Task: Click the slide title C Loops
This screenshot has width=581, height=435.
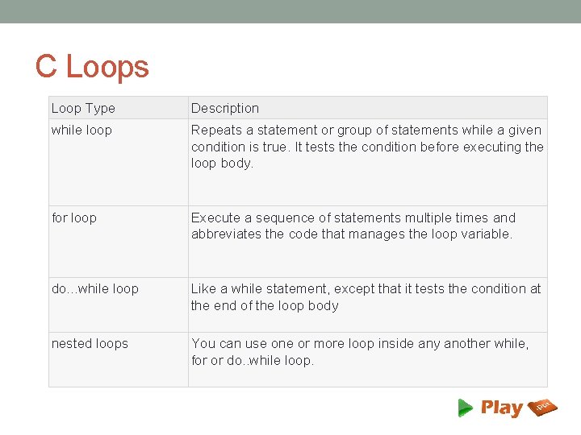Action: coord(92,66)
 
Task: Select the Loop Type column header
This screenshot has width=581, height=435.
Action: coord(83,108)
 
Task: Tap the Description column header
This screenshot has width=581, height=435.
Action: coord(225,108)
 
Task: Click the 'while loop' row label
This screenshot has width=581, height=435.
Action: coord(82,130)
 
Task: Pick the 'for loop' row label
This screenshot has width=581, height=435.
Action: coord(74,217)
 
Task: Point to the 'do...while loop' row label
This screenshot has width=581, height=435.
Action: coord(95,288)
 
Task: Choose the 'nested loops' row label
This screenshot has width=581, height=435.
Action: coord(90,343)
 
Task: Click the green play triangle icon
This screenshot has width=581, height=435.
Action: coord(466,408)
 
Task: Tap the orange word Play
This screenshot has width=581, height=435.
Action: coord(501,408)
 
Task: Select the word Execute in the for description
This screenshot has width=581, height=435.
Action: coord(215,217)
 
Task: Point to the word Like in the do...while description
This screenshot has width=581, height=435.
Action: coord(203,288)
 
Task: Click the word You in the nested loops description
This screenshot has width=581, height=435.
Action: coord(203,343)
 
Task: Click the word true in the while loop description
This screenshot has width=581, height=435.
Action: coord(271,147)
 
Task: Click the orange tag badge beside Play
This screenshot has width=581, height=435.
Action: coord(543,408)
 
